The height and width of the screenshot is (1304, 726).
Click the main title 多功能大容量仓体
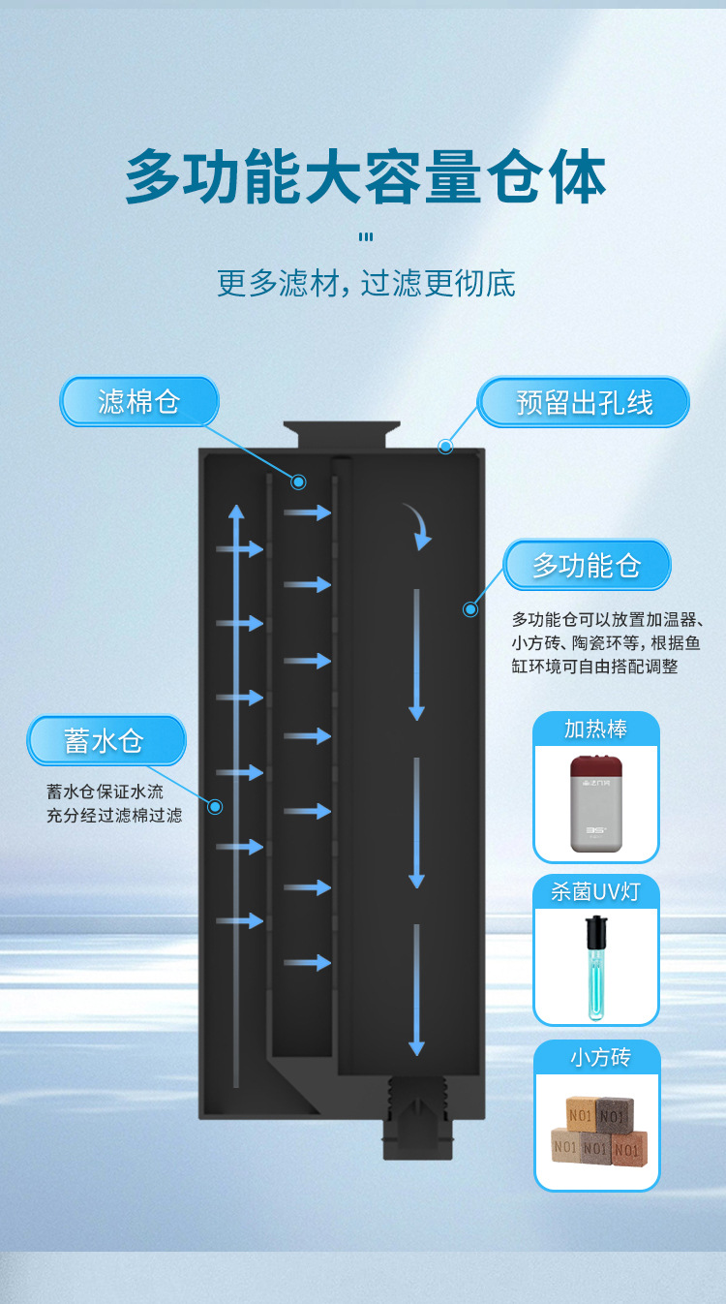365,176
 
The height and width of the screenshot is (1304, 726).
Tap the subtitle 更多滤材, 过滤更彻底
365,283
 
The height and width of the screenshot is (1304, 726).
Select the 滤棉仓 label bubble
139,401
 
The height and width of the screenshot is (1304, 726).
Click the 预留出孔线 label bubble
584,402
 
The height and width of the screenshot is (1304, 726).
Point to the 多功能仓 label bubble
587,565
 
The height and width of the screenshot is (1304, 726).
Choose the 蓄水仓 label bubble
106,741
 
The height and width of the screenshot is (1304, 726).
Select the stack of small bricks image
596,1130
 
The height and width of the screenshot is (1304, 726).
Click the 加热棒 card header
596,729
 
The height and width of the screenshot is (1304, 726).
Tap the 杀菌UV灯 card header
596,891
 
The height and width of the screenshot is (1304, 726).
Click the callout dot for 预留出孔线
445,447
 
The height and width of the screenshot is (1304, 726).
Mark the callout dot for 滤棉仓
299,481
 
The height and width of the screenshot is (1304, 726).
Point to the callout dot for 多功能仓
470,609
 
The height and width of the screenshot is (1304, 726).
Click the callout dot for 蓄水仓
215,806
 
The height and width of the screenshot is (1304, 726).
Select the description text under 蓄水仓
114,804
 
